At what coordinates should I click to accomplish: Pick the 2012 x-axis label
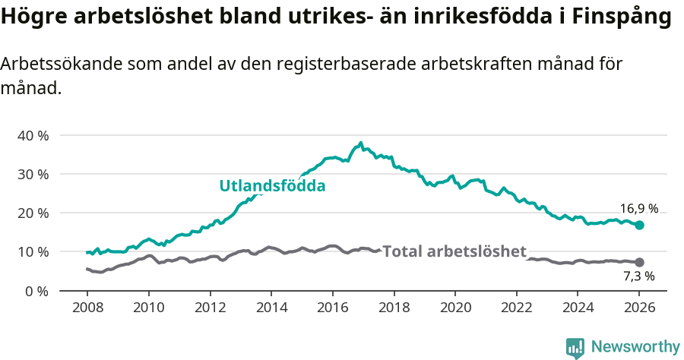[x=210, y=309]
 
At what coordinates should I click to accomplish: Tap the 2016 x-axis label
[x=333, y=309]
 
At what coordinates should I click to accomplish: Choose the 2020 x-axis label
[x=455, y=309]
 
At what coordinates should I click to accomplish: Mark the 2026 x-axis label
[x=639, y=309]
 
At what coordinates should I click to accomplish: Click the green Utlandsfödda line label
[x=272, y=186]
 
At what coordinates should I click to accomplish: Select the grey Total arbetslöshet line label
[x=454, y=251]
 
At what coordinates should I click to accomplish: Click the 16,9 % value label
[x=639, y=209]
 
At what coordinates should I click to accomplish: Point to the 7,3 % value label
[x=639, y=276]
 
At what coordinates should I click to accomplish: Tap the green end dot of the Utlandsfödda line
[x=639, y=225]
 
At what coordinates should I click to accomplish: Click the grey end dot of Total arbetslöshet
[x=639, y=262]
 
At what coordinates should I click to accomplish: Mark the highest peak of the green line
[x=360, y=142]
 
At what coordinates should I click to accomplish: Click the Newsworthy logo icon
[x=575, y=347]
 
